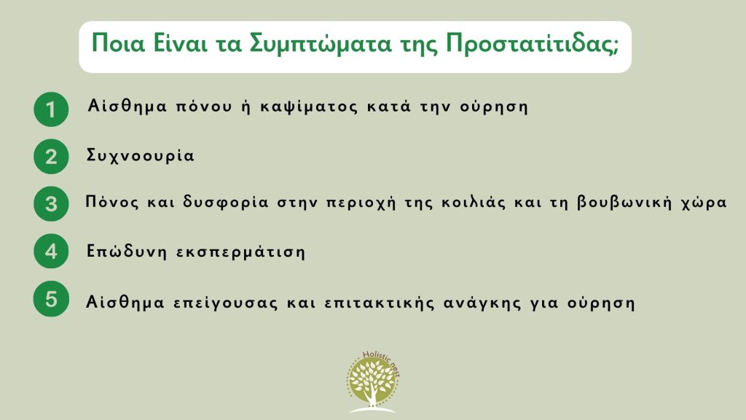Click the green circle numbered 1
(51, 109)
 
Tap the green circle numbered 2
(51, 157)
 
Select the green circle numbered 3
(51, 204)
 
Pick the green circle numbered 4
(51, 251)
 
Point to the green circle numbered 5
(51, 299)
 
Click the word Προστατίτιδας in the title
(532, 44)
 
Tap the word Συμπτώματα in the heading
(321, 44)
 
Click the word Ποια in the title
(118, 43)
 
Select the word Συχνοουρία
(141, 156)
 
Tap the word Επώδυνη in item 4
(126, 251)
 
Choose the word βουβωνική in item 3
(624, 203)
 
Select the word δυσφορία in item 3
(226, 203)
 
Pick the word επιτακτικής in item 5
(379, 303)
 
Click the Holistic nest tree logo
(373, 382)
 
